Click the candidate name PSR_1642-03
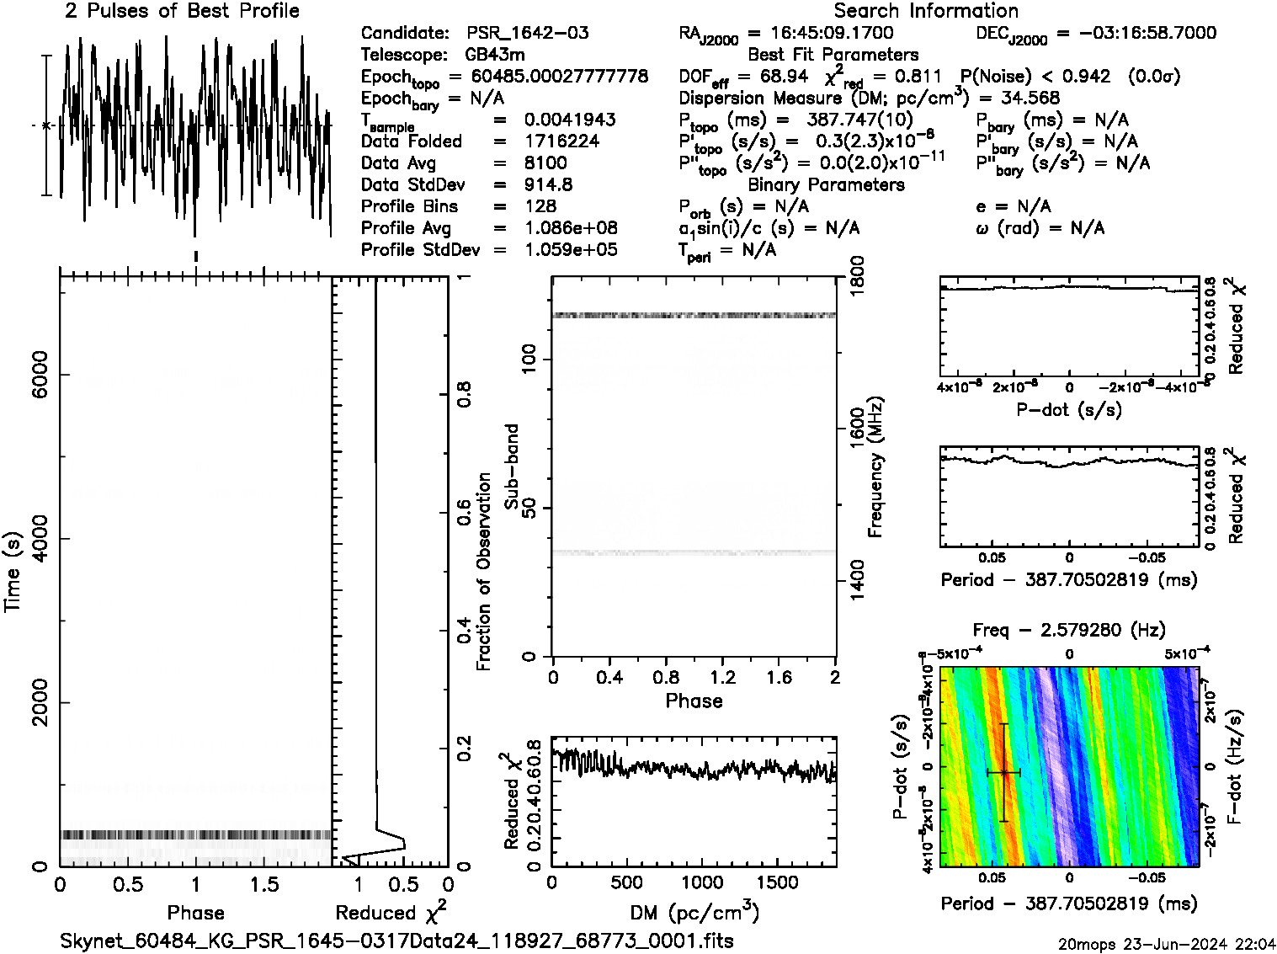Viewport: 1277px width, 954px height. coord(528,33)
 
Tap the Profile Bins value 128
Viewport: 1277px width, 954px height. coord(540,206)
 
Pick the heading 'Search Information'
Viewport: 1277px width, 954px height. coord(926,11)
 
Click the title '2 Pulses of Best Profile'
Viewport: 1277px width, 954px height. coord(182,11)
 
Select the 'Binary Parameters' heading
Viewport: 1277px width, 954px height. coord(826,184)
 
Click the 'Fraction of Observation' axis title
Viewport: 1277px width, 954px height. coord(483,571)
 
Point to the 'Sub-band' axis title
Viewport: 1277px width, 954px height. coord(511,466)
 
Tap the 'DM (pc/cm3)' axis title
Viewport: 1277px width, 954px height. coord(694,912)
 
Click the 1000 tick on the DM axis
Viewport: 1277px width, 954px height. coord(701,882)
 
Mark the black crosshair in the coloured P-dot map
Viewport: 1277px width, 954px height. coord(1003,772)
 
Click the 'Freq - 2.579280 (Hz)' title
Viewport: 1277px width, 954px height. coord(1069,630)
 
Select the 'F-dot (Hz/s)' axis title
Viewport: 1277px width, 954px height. coord(1236,766)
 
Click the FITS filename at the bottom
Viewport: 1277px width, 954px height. coord(396,941)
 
